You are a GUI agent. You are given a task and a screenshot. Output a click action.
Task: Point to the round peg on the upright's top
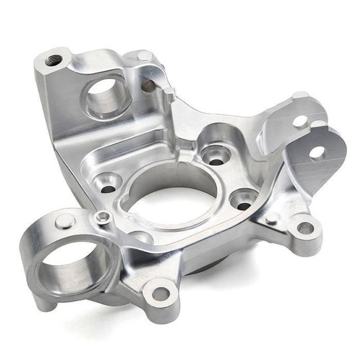pyautogui.click(x=143, y=55)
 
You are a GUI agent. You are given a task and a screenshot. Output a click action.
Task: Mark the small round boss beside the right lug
pyautogui.click(x=271, y=219)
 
